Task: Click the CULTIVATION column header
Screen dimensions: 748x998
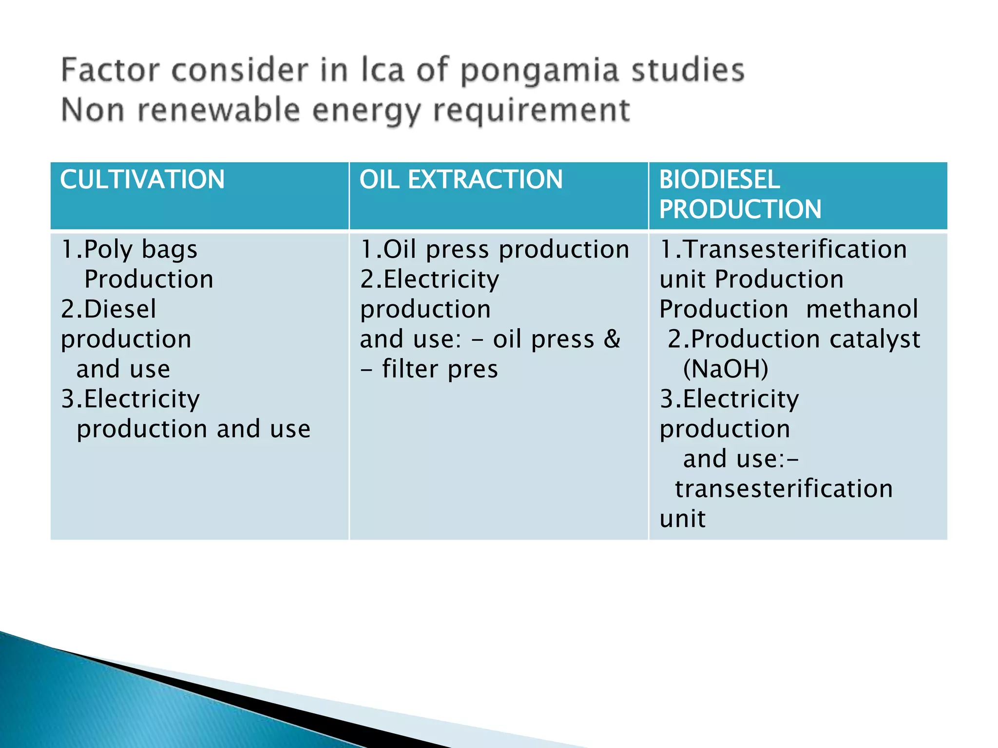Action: pos(142,179)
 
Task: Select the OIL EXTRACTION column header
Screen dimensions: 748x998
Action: pos(461,179)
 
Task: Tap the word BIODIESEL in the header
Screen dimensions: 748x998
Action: pos(719,179)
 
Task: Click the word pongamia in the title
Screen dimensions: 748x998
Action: pos(539,71)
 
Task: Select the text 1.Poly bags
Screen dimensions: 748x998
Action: pos(129,250)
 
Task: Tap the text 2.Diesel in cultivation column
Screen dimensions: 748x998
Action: pos(108,309)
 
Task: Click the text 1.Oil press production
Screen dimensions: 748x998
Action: pos(494,249)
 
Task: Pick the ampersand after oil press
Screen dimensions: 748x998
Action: pos(612,339)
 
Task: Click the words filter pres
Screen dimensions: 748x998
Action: pos(440,369)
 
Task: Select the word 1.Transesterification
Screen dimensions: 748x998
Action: pos(783,249)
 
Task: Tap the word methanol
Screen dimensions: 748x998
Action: pos(862,309)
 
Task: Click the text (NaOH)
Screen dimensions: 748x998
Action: pos(725,369)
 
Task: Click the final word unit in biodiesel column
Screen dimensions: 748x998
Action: pos(682,519)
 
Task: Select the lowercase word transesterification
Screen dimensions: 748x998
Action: pos(783,488)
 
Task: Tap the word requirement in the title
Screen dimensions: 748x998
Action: pos(532,110)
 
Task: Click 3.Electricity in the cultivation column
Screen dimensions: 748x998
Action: pos(130,399)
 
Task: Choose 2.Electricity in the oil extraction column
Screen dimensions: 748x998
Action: pos(429,280)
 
